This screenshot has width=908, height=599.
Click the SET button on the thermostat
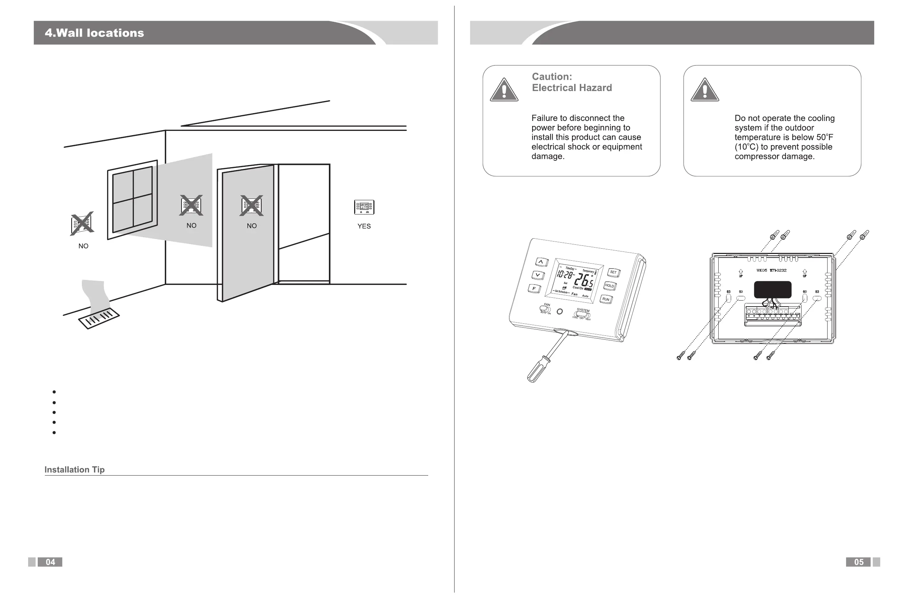(x=613, y=272)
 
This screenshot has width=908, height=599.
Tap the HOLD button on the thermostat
(x=609, y=286)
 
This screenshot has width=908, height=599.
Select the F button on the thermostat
(x=535, y=289)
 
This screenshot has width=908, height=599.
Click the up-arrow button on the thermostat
(x=541, y=262)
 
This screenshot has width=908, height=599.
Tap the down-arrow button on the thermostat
(x=538, y=275)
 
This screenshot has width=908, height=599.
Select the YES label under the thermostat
(x=364, y=226)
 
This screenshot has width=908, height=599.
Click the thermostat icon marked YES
(x=364, y=207)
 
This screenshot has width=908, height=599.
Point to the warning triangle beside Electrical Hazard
(x=504, y=91)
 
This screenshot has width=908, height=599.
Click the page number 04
(x=50, y=562)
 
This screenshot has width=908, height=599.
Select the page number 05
(x=858, y=562)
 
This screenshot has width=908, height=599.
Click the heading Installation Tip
(x=74, y=470)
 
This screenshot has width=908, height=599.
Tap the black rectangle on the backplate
(x=772, y=290)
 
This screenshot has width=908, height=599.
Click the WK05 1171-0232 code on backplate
(x=771, y=270)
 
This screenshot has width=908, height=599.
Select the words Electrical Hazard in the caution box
(x=572, y=88)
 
